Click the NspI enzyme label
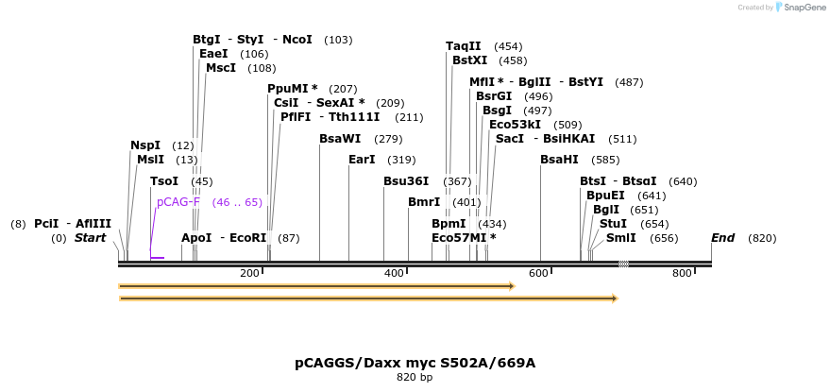pos(145,145)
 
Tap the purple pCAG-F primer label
pos(178,202)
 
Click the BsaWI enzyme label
pos(340,139)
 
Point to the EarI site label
pos(362,160)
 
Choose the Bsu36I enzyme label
pos(406,181)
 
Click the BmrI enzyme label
pos(424,202)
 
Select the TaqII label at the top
pos(464,46)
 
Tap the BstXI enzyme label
pos(469,60)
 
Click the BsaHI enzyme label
pos(559,160)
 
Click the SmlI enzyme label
pos(620,238)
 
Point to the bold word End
pos(722,238)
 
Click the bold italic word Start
pos(91,238)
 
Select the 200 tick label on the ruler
pos(249,273)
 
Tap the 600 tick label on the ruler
pos(538,273)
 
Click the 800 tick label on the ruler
pos(682,273)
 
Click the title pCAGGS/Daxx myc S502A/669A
pos(415,363)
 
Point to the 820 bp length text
pos(415,378)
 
